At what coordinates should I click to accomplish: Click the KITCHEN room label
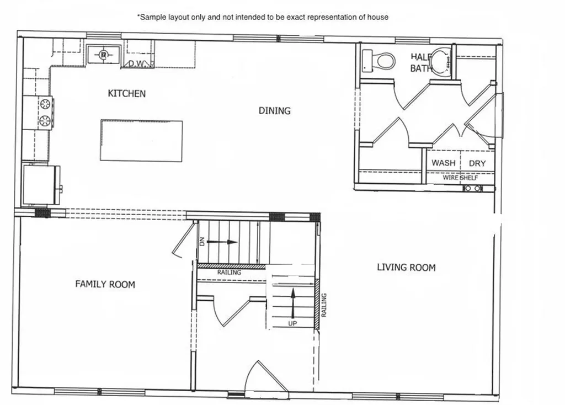pos(127,93)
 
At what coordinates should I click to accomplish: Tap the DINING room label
pos(274,110)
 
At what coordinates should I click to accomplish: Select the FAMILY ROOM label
pos(105,284)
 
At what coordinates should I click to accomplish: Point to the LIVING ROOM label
pos(406,268)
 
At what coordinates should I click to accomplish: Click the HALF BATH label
pos(420,62)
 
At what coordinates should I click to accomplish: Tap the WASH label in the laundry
pos(444,163)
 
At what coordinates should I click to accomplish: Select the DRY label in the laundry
pos(477,163)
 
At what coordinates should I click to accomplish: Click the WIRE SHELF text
pos(460,178)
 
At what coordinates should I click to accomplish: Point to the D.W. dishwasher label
pos(136,63)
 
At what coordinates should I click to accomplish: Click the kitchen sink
pos(104,55)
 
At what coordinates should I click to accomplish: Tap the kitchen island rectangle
pos(141,141)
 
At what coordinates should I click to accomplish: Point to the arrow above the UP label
pos(292,301)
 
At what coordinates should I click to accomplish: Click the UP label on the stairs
pos(292,323)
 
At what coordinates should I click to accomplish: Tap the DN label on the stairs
pos(202,242)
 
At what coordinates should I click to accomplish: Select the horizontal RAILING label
pos(228,273)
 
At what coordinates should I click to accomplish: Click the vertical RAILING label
pos(324,305)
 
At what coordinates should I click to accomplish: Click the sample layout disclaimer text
pos(263,17)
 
